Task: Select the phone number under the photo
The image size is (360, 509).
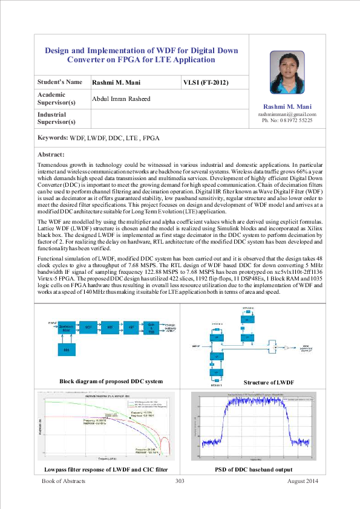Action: (x=287, y=121)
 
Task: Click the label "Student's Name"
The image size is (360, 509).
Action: (x=60, y=82)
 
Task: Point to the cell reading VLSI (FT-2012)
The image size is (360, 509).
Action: (x=206, y=82)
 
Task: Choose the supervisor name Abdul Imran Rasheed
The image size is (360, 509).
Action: (x=121, y=99)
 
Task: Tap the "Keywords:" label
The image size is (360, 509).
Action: (x=53, y=138)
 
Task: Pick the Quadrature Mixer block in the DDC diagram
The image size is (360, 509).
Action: (x=67, y=328)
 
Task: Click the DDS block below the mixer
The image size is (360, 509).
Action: (x=66, y=350)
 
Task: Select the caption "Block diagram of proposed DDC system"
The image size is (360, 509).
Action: (x=111, y=381)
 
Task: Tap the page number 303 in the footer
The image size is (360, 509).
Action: (x=179, y=481)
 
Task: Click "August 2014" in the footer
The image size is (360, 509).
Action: (x=302, y=481)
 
